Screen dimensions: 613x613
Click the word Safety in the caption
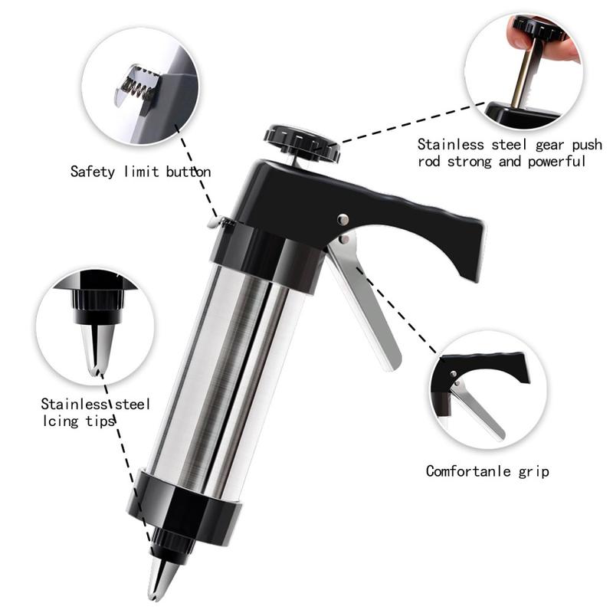coord(93,172)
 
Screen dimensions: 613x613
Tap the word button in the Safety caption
coord(188,172)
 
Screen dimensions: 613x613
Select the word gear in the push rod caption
coord(550,146)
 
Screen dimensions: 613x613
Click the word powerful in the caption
coord(557,162)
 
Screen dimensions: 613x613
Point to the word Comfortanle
coord(468,470)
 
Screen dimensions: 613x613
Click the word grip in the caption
coord(534,471)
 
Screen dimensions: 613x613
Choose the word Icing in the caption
coord(61,421)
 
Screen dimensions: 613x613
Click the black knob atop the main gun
coord(302,143)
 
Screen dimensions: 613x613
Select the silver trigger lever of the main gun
coord(363,301)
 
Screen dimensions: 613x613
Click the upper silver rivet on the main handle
coord(343,220)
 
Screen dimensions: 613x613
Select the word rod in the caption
coord(428,162)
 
